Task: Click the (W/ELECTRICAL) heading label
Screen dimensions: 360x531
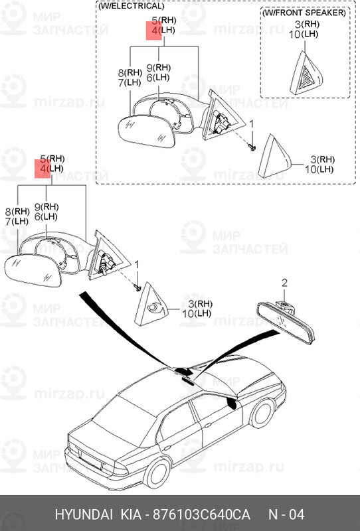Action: [x=132, y=6]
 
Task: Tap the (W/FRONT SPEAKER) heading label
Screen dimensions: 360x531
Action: [x=304, y=13]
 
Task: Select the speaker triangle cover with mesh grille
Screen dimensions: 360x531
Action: [x=306, y=74]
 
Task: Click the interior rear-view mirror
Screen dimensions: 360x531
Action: [x=286, y=323]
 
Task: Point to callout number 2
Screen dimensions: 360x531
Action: [x=284, y=283]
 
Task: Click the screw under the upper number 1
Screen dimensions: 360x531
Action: [x=252, y=147]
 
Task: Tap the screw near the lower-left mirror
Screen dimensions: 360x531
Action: [x=138, y=288]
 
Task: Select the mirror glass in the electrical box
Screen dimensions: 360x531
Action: [x=146, y=131]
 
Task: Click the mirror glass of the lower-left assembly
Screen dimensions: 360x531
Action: [x=33, y=271]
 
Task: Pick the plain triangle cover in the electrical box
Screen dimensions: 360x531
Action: [x=274, y=157]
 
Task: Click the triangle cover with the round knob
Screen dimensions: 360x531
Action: [x=151, y=304]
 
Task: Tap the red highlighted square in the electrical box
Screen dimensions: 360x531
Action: [x=154, y=31]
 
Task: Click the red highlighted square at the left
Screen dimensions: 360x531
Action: [x=43, y=169]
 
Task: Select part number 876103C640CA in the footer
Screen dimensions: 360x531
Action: [x=201, y=515]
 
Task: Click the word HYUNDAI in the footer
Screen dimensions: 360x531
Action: [x=84, y=515]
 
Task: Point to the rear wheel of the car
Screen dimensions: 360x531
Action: [x=157, y=473]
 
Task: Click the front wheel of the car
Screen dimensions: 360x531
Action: [x=262, y=413]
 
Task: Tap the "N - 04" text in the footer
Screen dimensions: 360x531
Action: [x=286, y=515]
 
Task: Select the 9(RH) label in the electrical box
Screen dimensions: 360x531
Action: [x=158, y=68]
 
